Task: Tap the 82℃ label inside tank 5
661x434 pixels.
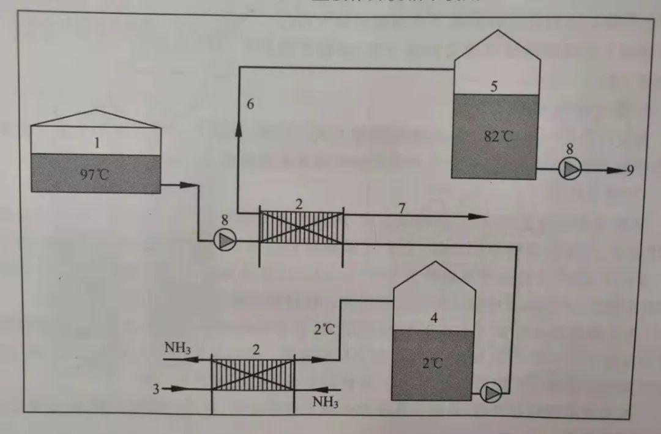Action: tap(499, 136)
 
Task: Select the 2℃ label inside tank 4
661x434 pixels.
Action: tap(432, 363)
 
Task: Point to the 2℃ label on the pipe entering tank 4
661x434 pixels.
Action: tap(325, 330)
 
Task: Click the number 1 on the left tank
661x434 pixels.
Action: tap(97, 143)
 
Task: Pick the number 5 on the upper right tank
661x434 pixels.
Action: tap(494, 87)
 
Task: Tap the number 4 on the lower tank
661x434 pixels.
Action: tap(434, 318)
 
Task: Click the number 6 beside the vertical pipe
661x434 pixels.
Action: tap(250, 104)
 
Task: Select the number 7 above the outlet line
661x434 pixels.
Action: tap(401, 208)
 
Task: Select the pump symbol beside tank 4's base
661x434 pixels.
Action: tap(491, 392)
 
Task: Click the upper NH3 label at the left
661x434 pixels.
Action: tap(178, 348)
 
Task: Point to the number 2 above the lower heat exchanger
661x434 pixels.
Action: tap(256, 350)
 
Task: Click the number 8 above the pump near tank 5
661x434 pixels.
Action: tap(570, 149)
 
